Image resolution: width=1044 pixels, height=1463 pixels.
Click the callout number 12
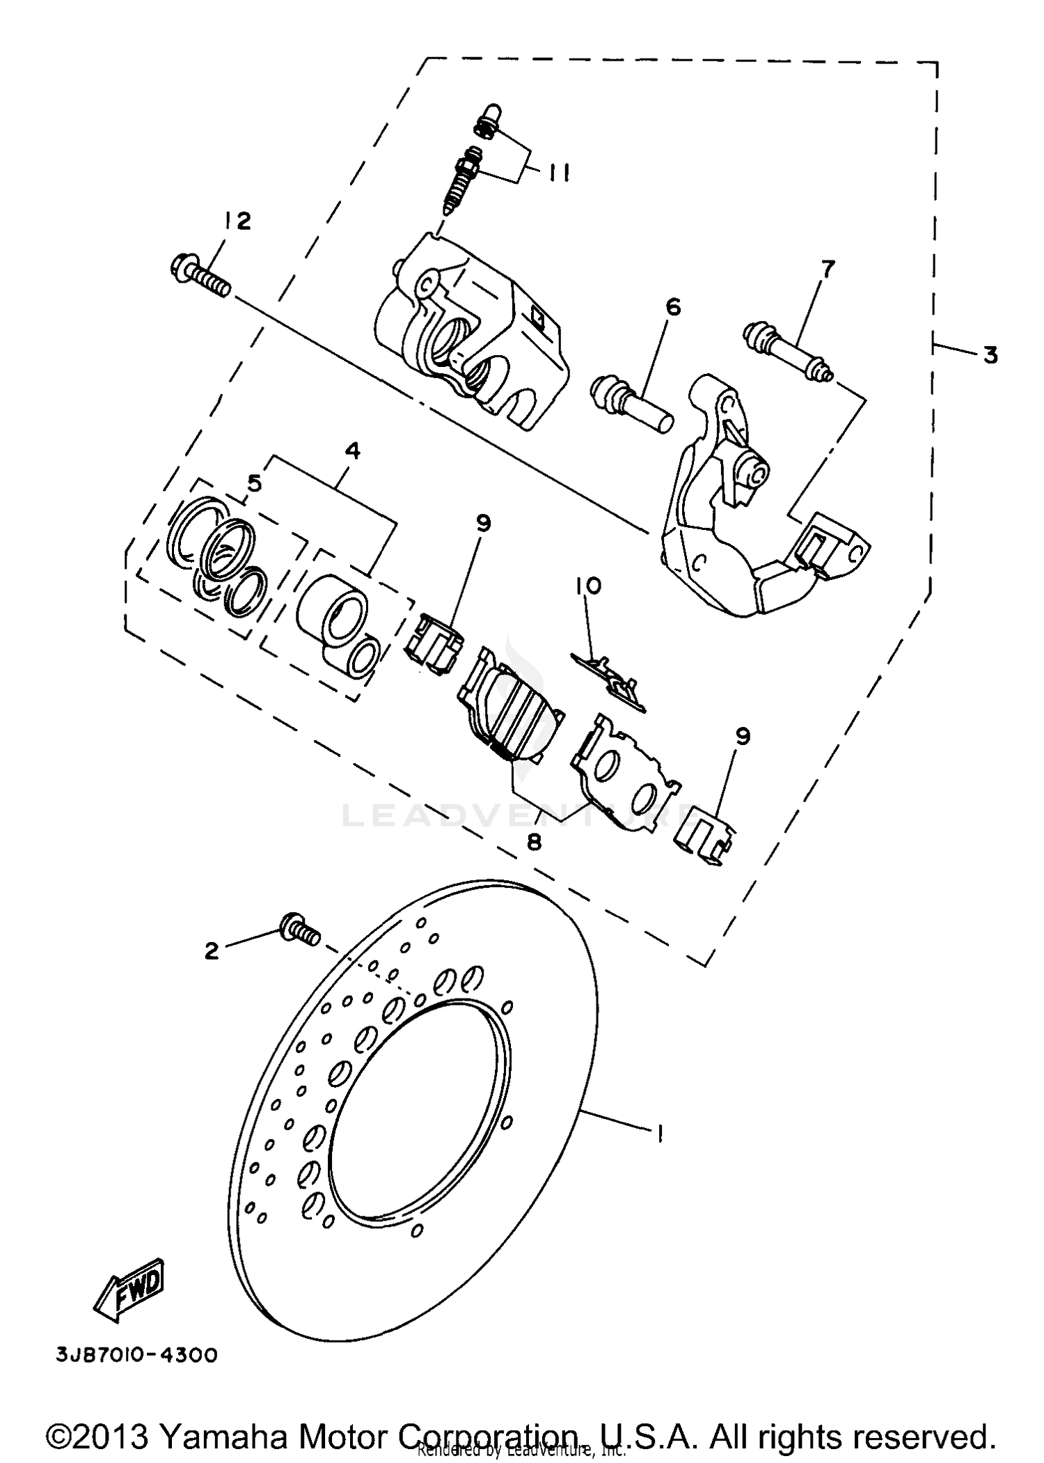pos(237,221)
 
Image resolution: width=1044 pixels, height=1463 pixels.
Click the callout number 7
pos(827,269)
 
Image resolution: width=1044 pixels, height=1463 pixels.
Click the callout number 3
pos(990,355)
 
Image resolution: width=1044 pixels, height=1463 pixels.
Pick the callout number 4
pos(353,451)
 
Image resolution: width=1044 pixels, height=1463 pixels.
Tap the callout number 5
pos(254,483)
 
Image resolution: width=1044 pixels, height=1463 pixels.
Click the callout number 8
pos(534,842)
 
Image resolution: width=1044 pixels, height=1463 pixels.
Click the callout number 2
pos(212,950)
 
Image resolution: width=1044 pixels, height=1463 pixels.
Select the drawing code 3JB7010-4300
pos(136,1355)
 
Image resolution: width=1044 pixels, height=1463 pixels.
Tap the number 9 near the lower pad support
pos(743,735)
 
